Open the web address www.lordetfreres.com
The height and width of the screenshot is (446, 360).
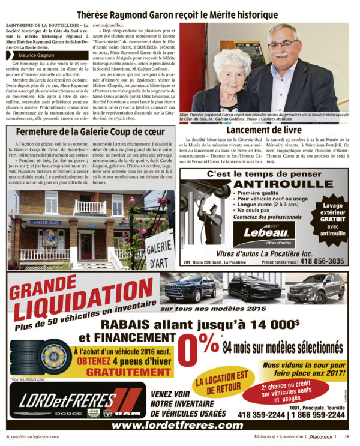click(x=180, y=425)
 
